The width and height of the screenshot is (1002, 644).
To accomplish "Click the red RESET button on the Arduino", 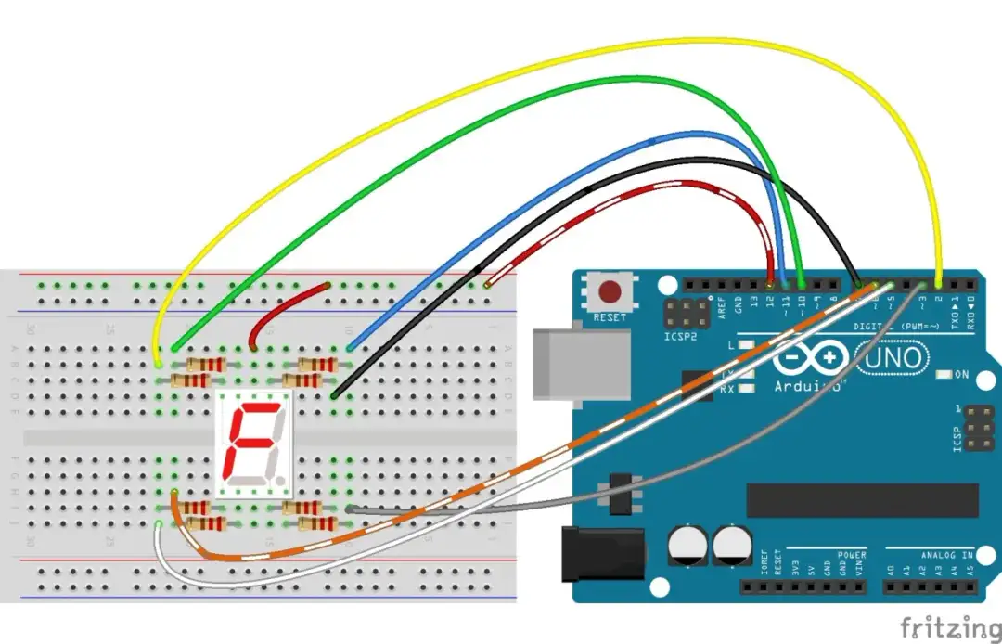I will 610,292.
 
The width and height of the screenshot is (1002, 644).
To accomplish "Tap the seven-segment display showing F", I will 253,442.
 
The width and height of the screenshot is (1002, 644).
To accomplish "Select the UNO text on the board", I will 893,357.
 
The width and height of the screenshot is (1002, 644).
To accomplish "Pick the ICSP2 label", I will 680,337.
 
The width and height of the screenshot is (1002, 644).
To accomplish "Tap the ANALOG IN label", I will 947,555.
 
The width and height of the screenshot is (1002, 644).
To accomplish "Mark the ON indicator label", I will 962,375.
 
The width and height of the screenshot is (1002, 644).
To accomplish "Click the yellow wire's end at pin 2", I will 940,284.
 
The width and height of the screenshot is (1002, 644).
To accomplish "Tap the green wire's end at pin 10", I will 801,284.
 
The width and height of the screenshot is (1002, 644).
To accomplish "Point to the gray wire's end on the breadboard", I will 349,509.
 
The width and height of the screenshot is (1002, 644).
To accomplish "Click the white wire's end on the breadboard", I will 160,526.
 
